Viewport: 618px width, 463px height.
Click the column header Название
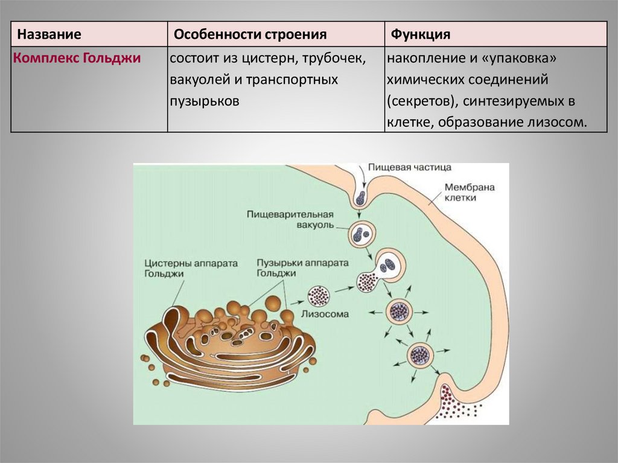(x=49, y=34)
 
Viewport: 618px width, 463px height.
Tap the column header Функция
(x=421, y=34)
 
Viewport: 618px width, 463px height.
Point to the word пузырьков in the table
(x=205, y=101)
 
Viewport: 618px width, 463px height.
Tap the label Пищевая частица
(x=401, y=167)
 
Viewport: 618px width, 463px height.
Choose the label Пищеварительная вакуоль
(x=290, y=220)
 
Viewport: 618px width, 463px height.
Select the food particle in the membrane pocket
(x=361, y=196)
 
